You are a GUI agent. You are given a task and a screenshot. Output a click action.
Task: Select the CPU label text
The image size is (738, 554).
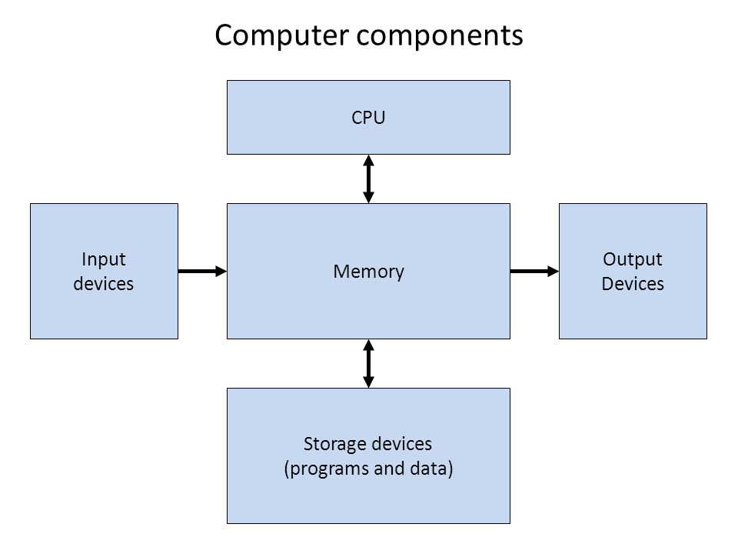click(368, 118)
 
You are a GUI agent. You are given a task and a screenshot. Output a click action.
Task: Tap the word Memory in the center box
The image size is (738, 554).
click(368, 272)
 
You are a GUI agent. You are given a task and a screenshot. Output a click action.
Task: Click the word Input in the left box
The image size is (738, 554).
click(104, 259)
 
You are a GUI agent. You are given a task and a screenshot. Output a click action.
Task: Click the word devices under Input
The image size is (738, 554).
click(104, 283)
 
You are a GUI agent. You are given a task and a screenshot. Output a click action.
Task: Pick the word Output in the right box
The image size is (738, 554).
click(633, 259)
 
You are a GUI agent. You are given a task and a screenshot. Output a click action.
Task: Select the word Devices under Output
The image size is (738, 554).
click(633, 283)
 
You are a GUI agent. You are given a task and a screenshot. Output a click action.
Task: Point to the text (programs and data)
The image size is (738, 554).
click(368, 469)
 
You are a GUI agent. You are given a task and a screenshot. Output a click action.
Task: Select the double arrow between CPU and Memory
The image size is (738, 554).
click(368, 179)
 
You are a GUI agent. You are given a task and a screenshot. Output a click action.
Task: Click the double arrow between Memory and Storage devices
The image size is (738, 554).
click(368, 363)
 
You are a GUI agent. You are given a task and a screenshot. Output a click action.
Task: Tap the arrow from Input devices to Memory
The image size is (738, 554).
click(201, 271)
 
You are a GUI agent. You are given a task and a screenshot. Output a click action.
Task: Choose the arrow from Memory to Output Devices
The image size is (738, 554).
click(534, 271)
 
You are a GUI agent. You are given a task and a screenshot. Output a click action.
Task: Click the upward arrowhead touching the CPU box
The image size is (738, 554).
click(368, 160)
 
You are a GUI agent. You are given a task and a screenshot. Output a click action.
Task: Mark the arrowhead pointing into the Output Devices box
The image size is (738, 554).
click(553, 271)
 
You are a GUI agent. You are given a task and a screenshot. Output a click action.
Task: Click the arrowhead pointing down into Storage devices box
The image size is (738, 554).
click(368, 382)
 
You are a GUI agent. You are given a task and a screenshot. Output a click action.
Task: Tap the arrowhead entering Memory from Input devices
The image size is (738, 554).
click(221, 271)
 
